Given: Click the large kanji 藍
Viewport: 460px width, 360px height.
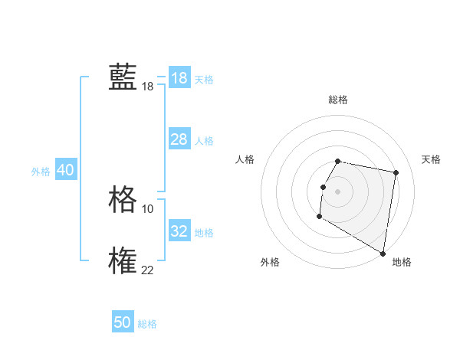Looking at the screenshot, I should (123, 77).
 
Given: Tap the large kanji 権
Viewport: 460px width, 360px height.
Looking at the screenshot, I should (123, 260).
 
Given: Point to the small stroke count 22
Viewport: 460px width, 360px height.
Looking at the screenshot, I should (147, 270).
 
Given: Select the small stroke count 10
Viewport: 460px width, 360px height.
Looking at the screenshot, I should (147, 208).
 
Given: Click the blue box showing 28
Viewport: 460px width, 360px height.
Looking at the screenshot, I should (179, 139).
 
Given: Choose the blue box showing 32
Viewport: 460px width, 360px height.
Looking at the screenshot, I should (179, 231).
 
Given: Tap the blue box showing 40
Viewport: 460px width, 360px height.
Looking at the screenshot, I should (65, 170).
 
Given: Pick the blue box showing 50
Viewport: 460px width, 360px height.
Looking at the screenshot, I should (123, 322).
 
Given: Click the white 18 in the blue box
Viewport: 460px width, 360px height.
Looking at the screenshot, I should (179, 78).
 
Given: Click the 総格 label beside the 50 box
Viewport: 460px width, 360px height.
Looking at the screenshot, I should (147, 324).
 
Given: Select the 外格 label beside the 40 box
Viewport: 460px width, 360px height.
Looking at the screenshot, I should (41, 172).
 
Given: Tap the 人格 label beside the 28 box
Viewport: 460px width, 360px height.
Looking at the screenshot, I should (204, 141).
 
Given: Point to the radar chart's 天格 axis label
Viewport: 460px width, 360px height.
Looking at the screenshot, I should (431, 159).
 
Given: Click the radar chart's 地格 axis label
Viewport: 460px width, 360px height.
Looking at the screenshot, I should (402, 262).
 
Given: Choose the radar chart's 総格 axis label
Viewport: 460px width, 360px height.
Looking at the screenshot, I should (338, 100).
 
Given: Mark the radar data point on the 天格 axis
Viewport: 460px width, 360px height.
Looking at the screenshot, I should (396, 173).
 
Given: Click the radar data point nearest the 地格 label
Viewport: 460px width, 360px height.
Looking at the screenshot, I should (383, 254).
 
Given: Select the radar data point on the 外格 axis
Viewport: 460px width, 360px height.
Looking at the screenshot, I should (319, 217).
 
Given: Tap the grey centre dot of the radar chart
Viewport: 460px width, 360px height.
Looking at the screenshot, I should (338, 191).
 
